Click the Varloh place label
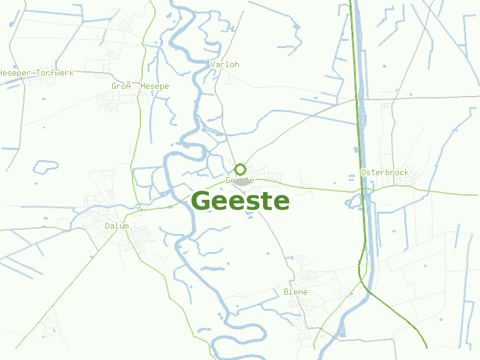point(225,64)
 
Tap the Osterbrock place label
point(385,173)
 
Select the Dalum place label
point(116,226)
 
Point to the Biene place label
point(295,292)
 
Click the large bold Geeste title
point(241,201)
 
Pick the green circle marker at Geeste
point(240,169)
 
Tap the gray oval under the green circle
point(242,181)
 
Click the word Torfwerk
point(55,73)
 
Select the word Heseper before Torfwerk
point(16,73)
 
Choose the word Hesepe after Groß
point(155,86)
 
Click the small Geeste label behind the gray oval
point(231,181)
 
